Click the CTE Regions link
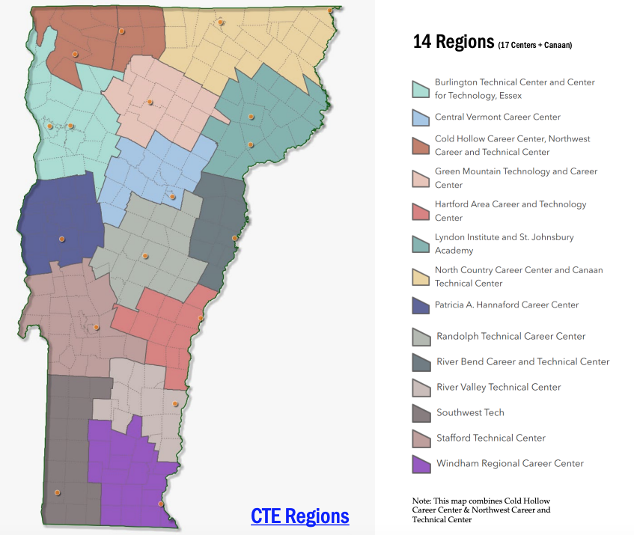(300, 516)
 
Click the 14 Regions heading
(454, 41)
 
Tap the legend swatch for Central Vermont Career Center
(421, 117)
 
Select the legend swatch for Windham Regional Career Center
(421, 464)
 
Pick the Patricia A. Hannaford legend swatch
(421, 305)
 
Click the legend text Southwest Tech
(470, 412)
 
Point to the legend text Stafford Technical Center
(491, 438)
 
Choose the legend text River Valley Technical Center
(499, 387)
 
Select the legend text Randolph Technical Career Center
(511, 336)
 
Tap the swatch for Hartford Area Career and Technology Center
(421, 211)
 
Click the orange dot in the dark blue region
(62, 239)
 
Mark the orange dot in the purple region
(161, 504)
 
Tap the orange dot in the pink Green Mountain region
(150, 102)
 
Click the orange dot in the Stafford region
(97, 327)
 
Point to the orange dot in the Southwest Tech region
(57, 492)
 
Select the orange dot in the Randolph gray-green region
(145, 256)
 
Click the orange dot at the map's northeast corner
(330, 10)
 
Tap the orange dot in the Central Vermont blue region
(172, 197)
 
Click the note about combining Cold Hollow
(481, 510)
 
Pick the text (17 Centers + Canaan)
(534, 45)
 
